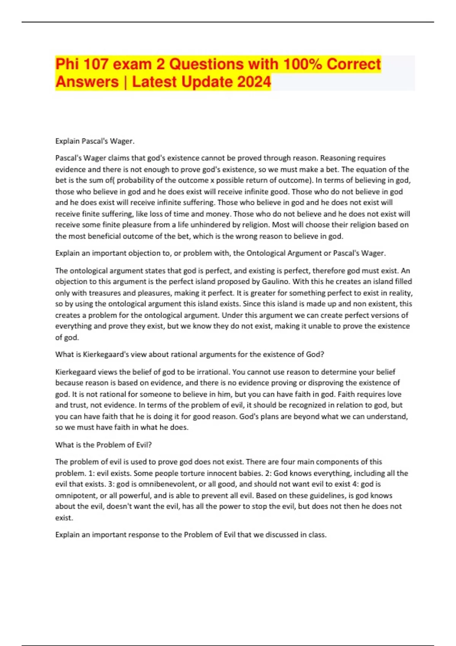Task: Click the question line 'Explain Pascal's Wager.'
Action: [95, 141]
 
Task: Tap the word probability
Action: [137, 180]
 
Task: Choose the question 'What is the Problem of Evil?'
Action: [103, 445]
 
